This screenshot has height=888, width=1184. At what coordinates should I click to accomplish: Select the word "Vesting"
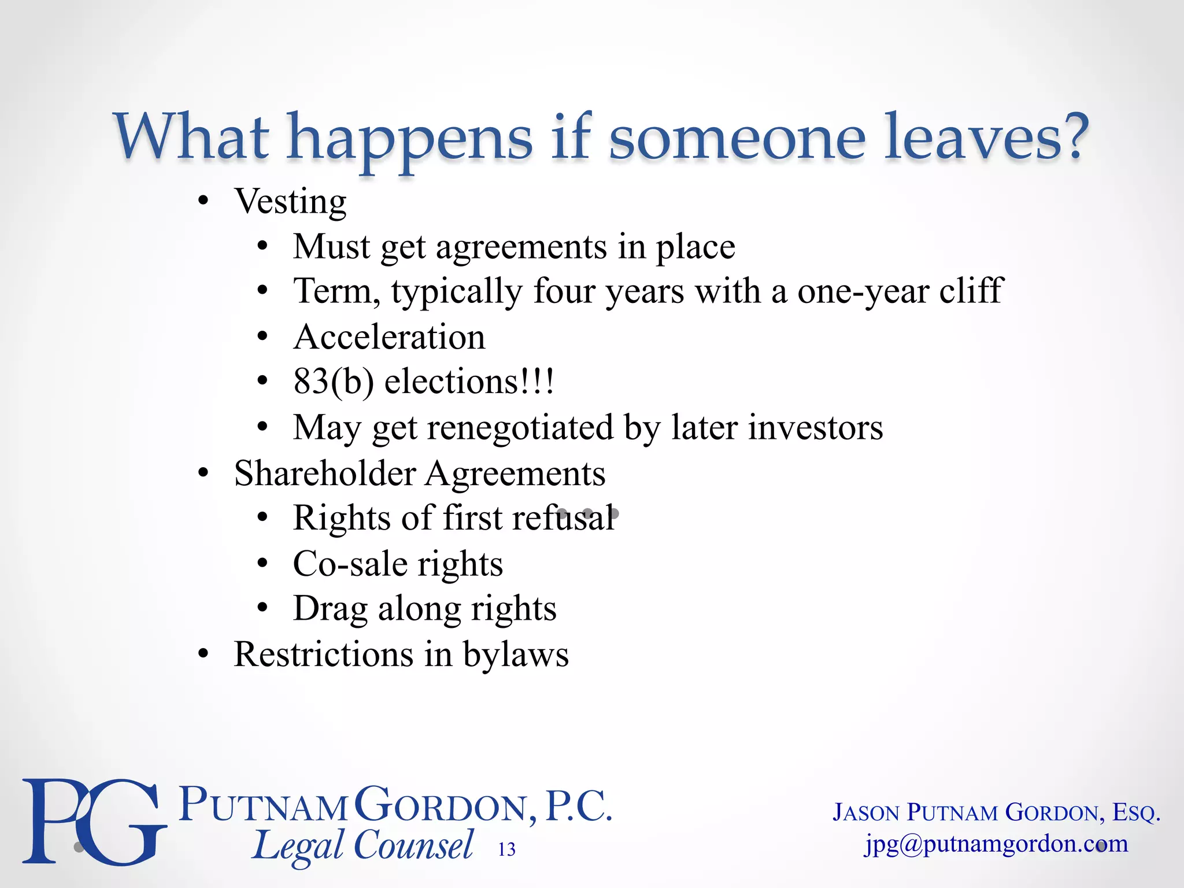[290, 202]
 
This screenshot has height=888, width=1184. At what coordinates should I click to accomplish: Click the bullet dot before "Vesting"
[202, 202]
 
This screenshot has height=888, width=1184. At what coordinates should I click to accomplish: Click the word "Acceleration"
[389, 336]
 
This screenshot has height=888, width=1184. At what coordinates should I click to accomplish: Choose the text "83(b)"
[334, 382]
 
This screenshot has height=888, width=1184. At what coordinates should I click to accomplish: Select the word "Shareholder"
[325, 473]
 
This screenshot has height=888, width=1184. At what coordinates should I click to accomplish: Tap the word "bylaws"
[516, 655]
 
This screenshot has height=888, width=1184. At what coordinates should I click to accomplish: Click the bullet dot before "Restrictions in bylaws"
[202, 654]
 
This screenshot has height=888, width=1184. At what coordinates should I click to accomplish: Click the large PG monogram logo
[92, 821]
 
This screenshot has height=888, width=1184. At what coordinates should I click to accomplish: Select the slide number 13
[506, 849]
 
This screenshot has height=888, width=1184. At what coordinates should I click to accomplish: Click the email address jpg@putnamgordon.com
[996, 844]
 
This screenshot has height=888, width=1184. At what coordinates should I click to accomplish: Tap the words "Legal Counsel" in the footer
[363, 845]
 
